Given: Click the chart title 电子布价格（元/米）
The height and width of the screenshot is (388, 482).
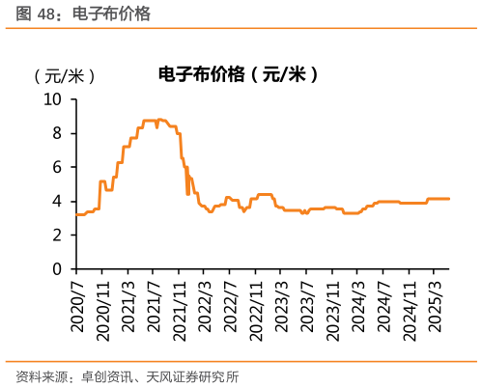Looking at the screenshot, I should click(x=237, y=73).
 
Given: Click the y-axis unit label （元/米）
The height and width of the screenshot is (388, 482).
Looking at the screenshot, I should click(x=64, y=76).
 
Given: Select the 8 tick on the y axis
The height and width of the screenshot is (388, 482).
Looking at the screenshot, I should click(x=57, y=132).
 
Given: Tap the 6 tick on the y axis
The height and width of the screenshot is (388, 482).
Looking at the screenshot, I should click(x=57, y=167).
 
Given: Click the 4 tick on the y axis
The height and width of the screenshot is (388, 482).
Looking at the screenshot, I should click(x=57, y=201).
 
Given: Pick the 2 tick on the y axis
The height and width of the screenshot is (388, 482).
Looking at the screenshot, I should click(x=57, y=235).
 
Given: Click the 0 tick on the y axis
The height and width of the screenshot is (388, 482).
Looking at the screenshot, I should click(x=57, y=268).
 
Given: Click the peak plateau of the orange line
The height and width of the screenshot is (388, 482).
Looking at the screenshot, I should click(x=155, y=121).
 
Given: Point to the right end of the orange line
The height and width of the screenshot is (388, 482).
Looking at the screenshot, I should click(x=449, y=199).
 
